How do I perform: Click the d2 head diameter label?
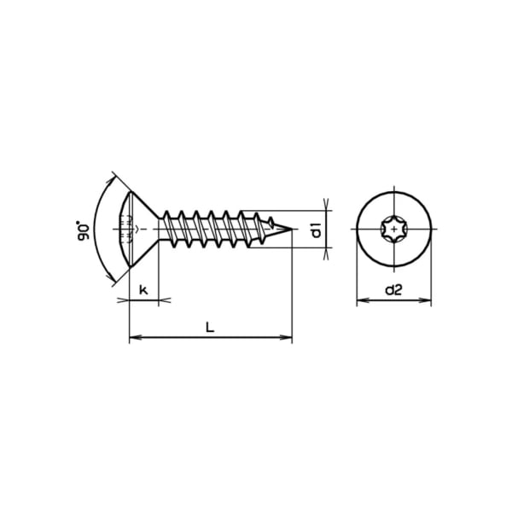(393, 290)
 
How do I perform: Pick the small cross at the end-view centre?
(393, 229)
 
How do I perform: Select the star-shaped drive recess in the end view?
(393, 229)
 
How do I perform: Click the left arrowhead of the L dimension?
(132, 339)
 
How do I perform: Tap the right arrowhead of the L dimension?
(288, 339)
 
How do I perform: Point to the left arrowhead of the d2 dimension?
(359, 300)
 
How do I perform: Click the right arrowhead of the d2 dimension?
(428, 300)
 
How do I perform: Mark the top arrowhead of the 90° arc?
(113, 179)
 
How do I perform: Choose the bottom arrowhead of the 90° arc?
(113, 279)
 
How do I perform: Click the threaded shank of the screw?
(213, 228)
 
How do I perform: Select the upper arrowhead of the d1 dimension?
(328, 205)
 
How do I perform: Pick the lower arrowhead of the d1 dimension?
(328, 252)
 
